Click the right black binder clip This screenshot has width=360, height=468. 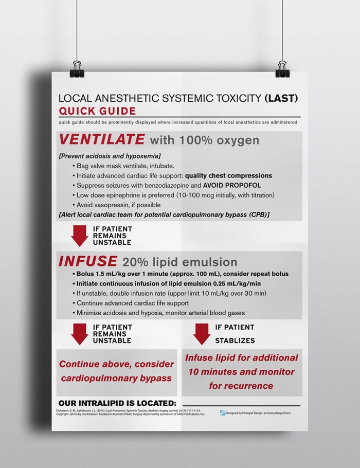[282, 69]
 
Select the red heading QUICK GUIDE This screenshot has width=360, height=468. [97, 111]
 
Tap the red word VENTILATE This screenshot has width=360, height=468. [102, 139]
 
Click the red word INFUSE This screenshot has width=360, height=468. [88, 261]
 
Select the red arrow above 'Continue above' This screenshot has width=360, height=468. [80, 334]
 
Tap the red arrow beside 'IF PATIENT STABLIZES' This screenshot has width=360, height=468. [202, 334]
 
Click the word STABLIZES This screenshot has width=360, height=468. [235, 340]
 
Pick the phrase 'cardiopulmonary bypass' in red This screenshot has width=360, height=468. [116, 378]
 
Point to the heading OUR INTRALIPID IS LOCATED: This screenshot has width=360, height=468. [117, 403]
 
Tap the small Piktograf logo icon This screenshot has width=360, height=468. [223, 412]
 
